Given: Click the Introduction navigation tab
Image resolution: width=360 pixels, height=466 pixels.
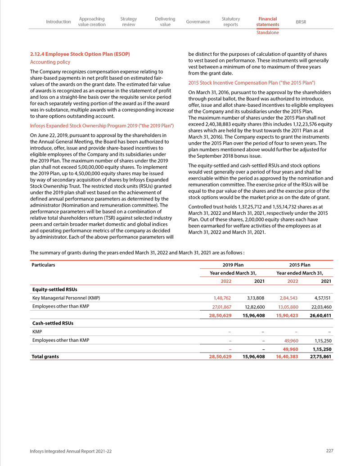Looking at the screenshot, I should click(58, 22).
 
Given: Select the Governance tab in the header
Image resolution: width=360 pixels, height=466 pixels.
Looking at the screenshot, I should click(198, 22).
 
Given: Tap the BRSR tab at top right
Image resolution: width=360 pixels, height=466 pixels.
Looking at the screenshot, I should click(301, 22).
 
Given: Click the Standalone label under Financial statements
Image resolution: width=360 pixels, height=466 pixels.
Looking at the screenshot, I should click(267, 33).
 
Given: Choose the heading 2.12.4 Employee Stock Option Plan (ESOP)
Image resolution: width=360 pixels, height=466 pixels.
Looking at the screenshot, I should click(80, 54).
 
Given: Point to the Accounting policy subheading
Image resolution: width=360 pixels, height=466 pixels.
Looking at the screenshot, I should click(49, 62).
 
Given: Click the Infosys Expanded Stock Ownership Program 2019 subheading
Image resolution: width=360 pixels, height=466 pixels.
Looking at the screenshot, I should click(102, 125).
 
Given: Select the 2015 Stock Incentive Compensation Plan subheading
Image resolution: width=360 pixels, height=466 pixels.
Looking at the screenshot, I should click(251, 83).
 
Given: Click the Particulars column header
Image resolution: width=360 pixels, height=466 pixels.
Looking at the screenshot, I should click(43, 265).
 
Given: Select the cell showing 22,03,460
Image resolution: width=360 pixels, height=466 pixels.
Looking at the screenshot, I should click(321, 307).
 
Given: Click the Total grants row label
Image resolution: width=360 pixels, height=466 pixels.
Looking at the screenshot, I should click(45, 356).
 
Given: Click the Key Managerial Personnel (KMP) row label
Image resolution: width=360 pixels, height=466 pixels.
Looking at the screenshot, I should click(66, 298).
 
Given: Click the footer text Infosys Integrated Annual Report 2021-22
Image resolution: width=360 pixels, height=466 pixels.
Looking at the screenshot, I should click(70, 451).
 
